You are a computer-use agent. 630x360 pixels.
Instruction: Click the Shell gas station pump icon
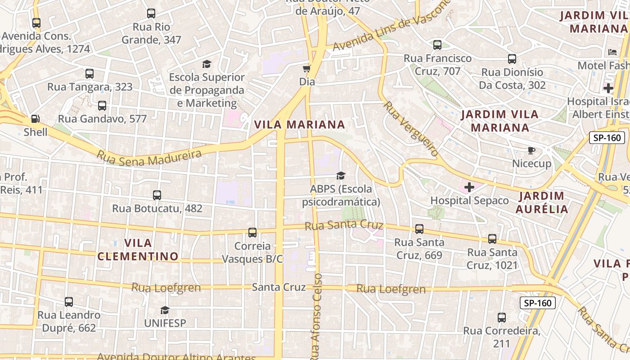[35, 119]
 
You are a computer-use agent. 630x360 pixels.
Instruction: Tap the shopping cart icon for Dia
[307, 69]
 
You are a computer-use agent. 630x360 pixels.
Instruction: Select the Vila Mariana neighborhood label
[299, 125]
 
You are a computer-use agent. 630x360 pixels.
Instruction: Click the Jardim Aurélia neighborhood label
[542, 202]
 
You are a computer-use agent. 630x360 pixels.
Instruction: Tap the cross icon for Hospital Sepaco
[469, 187]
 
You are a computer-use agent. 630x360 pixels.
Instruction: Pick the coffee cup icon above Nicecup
[531, 150]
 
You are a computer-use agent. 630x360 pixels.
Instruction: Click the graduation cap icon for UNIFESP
[165, 310]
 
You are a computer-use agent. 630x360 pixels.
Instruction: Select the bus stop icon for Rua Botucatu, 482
[157, 195]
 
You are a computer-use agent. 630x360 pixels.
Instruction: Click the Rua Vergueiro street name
[410, 129]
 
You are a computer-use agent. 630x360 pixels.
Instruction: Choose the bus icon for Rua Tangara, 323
[90, 74]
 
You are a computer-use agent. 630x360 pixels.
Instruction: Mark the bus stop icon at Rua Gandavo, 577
[102, 106]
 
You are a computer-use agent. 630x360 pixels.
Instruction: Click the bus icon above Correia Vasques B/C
[252, 233]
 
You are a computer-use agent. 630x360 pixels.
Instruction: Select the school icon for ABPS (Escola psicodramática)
[341, 175]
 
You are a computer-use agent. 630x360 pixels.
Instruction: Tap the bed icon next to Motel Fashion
[612, 52]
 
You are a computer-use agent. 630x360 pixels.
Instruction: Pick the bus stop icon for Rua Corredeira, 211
[502, 318]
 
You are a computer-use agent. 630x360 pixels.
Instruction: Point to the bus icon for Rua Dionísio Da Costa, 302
[512, 59]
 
